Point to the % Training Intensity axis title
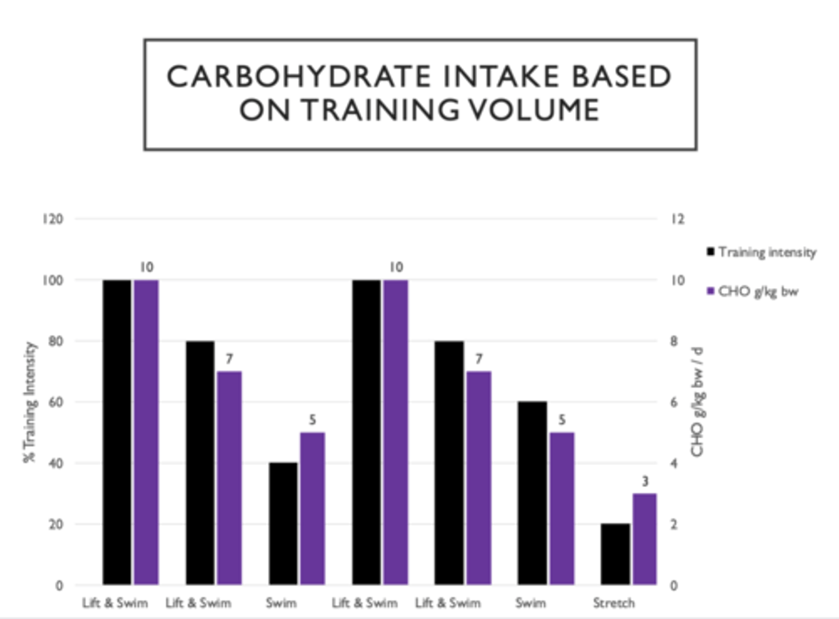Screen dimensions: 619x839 [29, 402]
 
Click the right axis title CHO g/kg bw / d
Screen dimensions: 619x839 [697, 402]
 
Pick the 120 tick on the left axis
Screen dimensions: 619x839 [52, 219]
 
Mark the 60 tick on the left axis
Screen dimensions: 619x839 [56, 402]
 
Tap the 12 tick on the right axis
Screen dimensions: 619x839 [677, 219]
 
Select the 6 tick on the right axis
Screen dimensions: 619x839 [674, 402]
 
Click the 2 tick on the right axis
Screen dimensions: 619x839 [674, 525]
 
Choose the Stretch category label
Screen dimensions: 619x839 [614, 603]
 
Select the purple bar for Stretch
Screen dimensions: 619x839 [644, 539]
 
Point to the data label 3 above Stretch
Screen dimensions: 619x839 [645, 481]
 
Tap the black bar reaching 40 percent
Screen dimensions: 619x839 [283, 523]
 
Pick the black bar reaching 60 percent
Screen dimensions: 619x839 [532, 493]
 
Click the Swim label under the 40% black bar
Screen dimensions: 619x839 [281, 603]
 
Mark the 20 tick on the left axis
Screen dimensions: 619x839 [56, 525]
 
